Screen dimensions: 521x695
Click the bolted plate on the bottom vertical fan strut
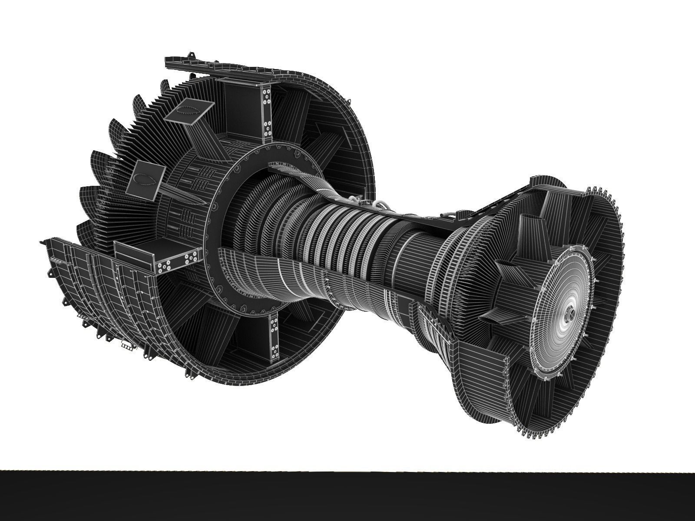point(274,334)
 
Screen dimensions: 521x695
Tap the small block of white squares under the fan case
point(127,346)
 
